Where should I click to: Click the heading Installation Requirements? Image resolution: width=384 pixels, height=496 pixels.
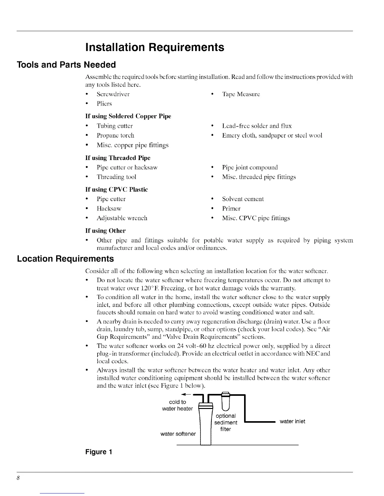tap(155, 47)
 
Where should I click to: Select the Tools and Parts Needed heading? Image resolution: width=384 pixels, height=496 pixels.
tap(66, 65)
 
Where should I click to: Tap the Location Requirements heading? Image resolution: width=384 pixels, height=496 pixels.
tap(65, 259)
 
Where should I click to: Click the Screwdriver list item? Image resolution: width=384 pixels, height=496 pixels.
tap(113, 94)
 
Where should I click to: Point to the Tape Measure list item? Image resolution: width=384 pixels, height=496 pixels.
tap(241, 94)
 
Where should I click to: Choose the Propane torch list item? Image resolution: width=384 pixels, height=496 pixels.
tap(115, 135)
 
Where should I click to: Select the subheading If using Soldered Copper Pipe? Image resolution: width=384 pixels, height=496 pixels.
tap(128, 116)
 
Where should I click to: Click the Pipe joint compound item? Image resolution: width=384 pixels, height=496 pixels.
tap(250, 167)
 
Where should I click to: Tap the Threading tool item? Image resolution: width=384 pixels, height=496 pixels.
tap(116, 177)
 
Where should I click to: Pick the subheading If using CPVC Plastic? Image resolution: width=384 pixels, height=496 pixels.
tap(116, 189)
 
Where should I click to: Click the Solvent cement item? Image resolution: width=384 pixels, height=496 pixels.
tap(243, 199)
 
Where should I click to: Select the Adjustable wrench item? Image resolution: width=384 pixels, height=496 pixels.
tap(122, 218)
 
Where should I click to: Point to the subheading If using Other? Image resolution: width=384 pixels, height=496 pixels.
tap(105, 231)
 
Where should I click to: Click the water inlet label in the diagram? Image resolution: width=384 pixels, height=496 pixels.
tap(292, 421)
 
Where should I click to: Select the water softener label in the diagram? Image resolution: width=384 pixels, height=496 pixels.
tap(178, 434)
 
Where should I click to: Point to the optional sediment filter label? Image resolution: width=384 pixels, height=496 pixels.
tap(226, 422)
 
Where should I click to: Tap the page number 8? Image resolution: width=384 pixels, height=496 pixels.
tap(19, 478)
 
